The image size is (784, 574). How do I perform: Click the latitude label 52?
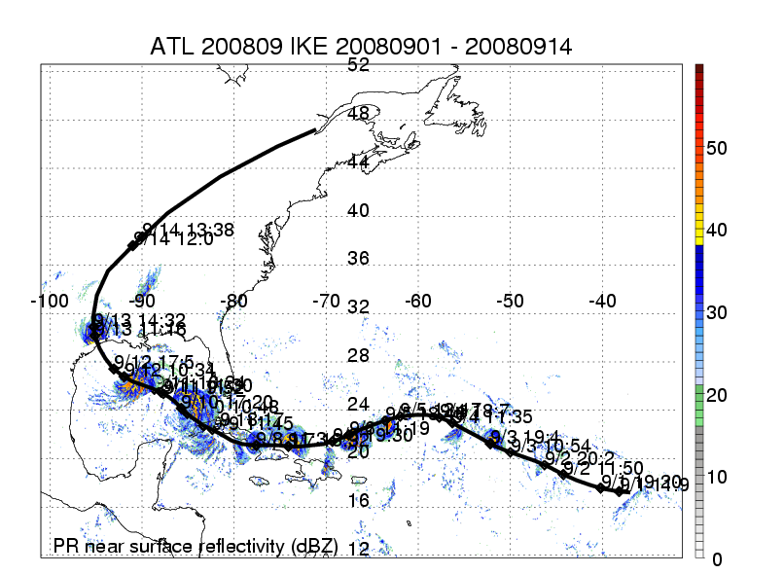359,64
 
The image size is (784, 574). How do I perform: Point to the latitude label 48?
359,113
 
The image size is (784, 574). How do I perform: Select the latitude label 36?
359,259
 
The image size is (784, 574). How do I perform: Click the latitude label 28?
359,355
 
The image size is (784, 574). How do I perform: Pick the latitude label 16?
359,500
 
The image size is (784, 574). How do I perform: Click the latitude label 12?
359,549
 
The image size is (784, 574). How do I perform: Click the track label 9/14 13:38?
188,230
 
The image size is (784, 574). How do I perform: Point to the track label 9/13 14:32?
139,319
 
